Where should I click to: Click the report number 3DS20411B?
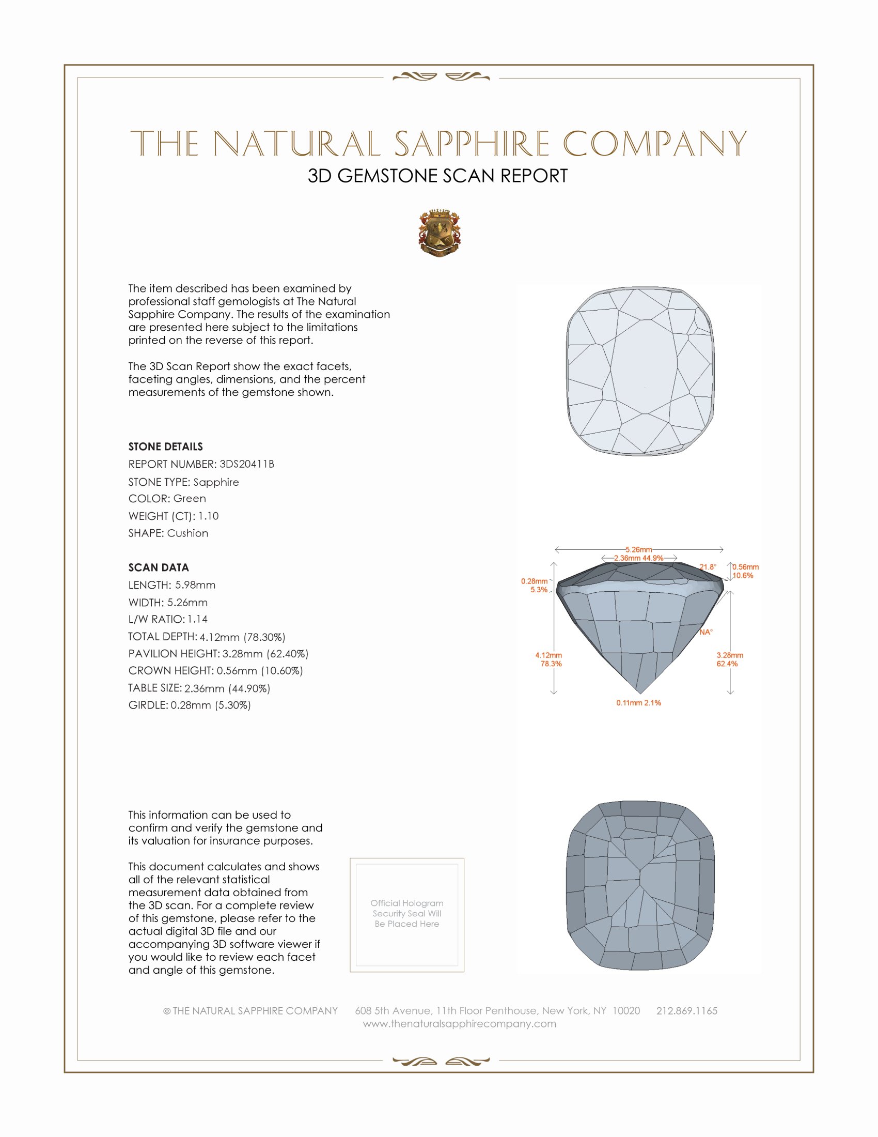246,464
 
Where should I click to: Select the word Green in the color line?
190,499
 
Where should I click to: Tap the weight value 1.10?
208,516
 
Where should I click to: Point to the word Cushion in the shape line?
187,533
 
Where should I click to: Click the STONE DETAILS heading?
165,447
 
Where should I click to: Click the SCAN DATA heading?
159,567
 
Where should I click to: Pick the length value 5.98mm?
195,585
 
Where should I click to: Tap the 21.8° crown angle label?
708,567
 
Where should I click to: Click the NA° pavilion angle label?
706,632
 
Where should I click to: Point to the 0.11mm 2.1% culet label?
639,703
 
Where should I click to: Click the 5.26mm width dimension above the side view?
639,549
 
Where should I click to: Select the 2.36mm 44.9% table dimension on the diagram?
639,558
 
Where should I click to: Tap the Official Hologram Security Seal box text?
407,913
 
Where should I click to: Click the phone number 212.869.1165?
686,1010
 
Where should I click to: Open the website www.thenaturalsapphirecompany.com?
459,1023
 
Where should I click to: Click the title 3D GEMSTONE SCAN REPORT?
437,176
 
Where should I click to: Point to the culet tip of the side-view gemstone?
640,693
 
